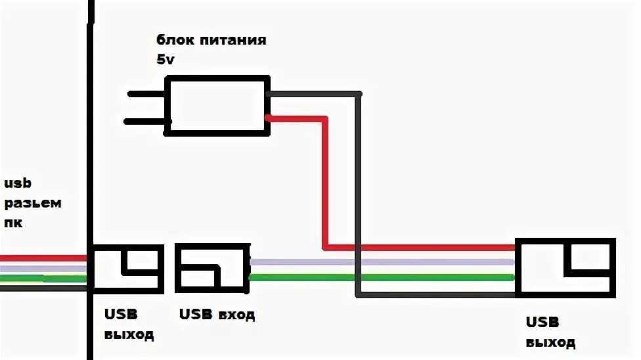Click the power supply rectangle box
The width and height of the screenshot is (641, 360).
point(217,105)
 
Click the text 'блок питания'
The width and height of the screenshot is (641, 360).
point(211,40)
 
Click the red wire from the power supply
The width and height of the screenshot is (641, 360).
point(325,184)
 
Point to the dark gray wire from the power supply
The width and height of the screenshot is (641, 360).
point(359,197)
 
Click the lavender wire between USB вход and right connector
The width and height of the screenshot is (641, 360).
point(381,262)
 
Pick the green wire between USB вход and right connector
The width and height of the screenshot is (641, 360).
point(381,277)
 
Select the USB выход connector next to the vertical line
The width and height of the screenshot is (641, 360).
point(126,269)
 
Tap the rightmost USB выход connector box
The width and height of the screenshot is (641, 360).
point(565,267)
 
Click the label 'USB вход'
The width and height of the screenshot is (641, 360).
point(216,315)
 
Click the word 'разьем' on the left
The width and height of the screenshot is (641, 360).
point(33,203)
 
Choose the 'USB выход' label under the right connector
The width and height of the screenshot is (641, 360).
point(550,332)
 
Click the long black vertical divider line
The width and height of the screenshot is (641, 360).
point(90,164)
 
